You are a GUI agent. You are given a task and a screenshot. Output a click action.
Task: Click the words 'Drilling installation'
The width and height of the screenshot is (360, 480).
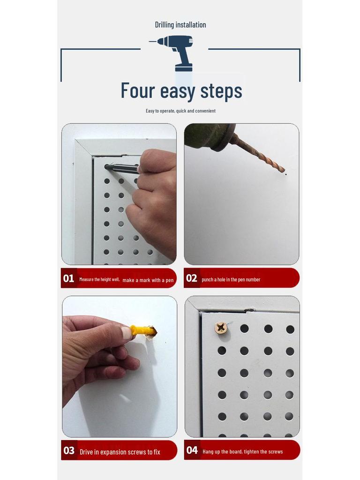(180, 25)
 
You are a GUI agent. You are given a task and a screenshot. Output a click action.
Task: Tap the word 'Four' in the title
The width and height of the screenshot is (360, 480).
(137, 90)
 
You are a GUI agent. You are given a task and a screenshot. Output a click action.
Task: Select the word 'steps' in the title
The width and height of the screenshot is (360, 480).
(221, 91)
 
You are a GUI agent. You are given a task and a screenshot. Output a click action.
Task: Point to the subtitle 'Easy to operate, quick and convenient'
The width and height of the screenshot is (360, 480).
(180, 111)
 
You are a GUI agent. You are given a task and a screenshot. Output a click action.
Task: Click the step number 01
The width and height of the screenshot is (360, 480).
(68, 278)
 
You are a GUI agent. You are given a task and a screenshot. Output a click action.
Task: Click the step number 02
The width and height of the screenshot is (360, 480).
(191, 278)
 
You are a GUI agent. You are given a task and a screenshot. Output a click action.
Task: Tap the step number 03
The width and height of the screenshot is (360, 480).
(69, 451)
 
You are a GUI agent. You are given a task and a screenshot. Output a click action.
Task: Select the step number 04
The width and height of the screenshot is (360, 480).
(192, 451)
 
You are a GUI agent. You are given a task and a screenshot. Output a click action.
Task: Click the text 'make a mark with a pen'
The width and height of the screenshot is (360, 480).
(148, 280)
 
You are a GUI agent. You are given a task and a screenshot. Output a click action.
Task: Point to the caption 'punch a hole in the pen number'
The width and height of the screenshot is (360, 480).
(231, 280)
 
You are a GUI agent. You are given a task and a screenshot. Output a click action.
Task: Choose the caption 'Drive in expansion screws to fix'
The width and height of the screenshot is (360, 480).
(120, 452)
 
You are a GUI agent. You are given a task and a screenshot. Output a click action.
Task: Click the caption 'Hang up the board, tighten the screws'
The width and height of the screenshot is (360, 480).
(243, 452)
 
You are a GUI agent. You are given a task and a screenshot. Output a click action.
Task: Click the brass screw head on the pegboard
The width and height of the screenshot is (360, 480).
(221, 328)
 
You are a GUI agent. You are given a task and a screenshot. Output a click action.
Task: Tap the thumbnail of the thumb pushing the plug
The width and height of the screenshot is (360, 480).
(126, 333)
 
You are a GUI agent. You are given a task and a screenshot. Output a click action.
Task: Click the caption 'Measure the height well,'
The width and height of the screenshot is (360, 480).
(99, 279)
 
